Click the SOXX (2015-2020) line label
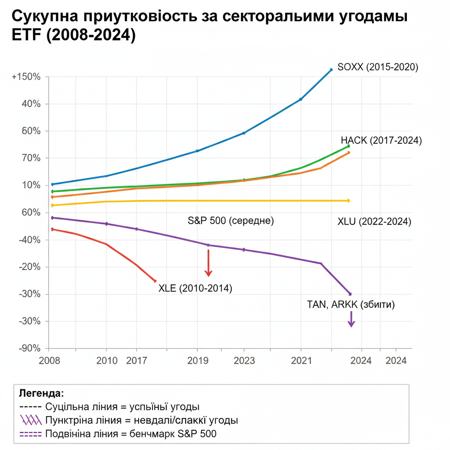point(377,67)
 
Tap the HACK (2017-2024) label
point(381,140)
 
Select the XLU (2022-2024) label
point(374,221)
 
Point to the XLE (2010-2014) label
point(195,288)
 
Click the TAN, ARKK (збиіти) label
point(351,305)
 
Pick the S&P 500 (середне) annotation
point(231,221)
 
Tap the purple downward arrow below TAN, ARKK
point(351,319)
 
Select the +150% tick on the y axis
point(26,77)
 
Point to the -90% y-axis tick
point(28,348)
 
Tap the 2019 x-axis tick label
point(197,361)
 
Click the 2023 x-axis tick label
point(244,361)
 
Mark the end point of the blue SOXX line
point(331,69)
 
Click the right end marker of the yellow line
point(348,200)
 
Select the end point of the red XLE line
point(155,281)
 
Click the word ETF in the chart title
point(24,35)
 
